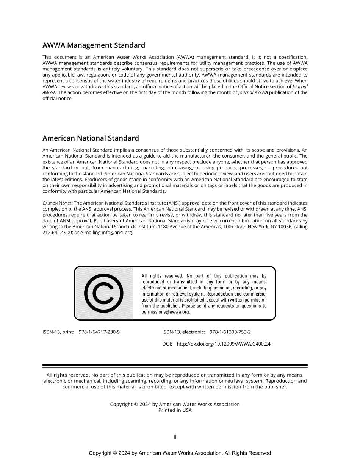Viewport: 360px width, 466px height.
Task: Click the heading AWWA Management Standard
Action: [94, 45]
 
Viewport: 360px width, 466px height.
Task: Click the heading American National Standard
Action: [91, 138]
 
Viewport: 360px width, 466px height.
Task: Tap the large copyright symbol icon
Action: [103, 293]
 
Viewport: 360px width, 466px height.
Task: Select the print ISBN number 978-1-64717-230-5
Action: [99, 332]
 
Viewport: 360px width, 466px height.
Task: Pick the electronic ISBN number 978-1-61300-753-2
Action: [230, 332]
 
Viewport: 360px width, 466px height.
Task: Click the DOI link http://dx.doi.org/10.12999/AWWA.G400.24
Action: [224, 344]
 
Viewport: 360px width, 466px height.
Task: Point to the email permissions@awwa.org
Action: [166, 312]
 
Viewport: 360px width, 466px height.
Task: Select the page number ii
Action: [175, 438]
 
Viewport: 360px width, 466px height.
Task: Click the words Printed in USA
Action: [175, 410]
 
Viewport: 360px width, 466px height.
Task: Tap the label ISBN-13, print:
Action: [58, 332]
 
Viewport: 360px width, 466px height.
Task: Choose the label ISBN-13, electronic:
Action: [184, 332]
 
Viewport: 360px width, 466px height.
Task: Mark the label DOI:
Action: [167, 344]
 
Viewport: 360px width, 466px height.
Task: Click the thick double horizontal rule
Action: [175, 366]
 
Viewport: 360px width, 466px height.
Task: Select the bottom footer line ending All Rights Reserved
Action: [180, 453]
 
